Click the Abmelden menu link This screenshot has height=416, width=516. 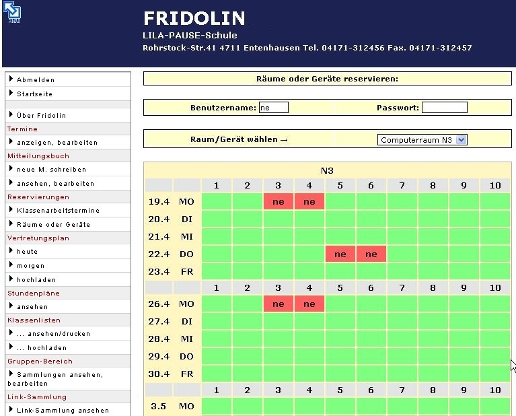[x=36, y=80]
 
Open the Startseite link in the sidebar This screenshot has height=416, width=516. [x=34, y=94]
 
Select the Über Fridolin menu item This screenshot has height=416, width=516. [x=41, y=116]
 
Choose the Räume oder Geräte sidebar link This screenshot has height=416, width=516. [x=53, y=225]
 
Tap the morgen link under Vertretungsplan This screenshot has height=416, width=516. [x=31, y=266]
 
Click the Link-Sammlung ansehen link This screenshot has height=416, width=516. [x=63, y=411]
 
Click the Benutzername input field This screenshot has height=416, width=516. [x=273, y=108]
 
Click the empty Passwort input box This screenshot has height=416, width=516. [x=444, y=108]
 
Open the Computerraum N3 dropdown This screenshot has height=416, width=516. [x=422, y=140]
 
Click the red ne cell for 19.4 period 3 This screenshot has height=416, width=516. [x=279, y=201]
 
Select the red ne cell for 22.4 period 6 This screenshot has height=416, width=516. [x=371, y=254]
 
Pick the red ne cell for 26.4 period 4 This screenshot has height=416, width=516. [x=309, y=304]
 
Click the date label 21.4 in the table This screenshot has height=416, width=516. [x=158, y=236]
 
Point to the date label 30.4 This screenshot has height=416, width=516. [x=158, y=374]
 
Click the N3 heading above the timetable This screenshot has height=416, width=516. [x=327, y=171]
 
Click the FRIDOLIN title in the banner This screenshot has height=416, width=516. [x=194, y=19]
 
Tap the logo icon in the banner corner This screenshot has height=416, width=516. [x=12, y=13]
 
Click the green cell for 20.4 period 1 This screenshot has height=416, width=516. [x=217, y=219]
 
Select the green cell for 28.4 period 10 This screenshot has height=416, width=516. [x=495, y=339]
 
